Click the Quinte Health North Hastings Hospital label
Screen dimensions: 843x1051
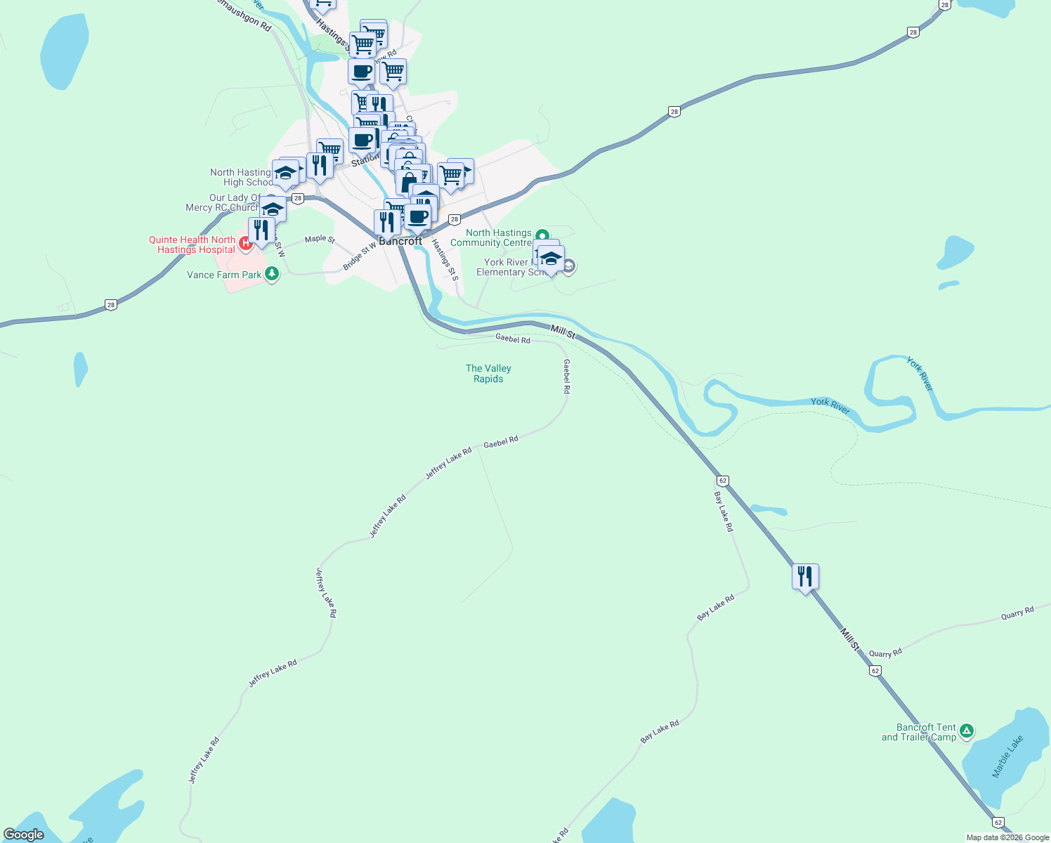(192, 244)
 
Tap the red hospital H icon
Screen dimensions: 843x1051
(246, 244)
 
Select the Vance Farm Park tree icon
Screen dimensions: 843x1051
(273, 274)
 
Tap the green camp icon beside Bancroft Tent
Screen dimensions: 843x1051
(967, 731)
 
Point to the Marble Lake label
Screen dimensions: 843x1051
(1007, 757)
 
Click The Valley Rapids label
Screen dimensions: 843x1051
(488, 374)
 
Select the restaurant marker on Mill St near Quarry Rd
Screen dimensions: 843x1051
(805, 577)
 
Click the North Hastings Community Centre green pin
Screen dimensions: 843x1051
(542, 235)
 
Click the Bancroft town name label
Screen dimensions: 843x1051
(401, 241)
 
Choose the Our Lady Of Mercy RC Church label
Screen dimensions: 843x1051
(223, 202)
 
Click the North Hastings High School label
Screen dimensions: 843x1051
(241, 177)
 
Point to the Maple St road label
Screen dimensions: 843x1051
(320, 239)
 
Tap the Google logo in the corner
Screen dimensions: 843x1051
(24, 835)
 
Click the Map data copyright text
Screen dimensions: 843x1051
(1007, 837)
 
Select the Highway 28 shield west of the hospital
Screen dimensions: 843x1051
(110, 304)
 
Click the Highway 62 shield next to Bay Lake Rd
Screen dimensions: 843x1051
(722, 481)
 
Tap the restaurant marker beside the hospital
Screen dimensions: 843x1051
(261, 230)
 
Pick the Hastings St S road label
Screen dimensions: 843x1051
(445, 259)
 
